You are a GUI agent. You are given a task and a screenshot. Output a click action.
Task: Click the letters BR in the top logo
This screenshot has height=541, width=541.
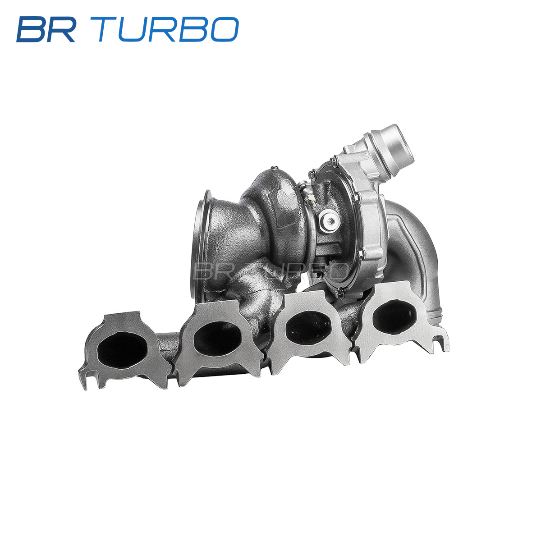pos(46,29)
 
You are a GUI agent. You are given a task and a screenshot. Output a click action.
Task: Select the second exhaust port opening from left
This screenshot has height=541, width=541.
pos(217,338)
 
